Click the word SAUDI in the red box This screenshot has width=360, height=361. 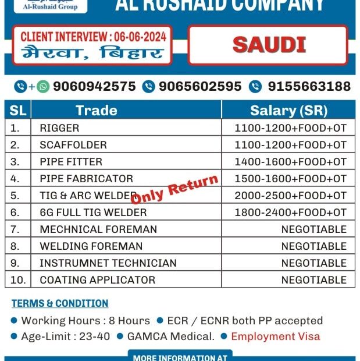point(269,44)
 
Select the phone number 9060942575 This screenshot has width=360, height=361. point(94,87)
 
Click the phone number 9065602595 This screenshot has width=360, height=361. point(200,87)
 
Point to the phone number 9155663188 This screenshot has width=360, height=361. point(309,87)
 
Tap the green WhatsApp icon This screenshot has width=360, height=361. point(43,87)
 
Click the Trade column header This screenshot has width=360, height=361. point(97,110)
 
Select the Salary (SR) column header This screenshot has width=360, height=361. point(288,110)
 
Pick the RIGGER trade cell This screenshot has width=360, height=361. point(59,128)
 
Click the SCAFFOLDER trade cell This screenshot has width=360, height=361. point(73,144)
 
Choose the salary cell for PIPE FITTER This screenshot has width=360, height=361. point(290,161)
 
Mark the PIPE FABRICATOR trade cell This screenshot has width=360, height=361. point(86,178)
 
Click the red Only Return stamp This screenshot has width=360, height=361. point(174,190)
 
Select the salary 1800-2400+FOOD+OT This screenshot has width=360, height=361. point(290,212)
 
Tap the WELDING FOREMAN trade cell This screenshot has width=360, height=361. point(91,246)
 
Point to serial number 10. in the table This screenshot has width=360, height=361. point(18,279)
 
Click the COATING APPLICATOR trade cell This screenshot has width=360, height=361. point(97,279)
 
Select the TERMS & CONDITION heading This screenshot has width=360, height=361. point(60,303)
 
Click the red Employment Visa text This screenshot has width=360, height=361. point(275,336)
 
